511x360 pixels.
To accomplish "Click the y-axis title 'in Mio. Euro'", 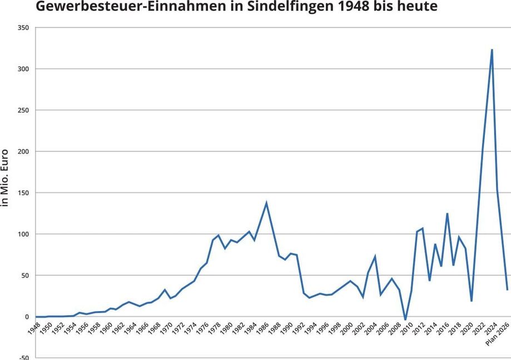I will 6,177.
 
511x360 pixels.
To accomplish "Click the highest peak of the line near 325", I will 492,49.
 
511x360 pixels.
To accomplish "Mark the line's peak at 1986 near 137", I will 266,203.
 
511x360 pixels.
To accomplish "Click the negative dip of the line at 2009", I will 405,320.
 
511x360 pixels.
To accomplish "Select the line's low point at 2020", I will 472,301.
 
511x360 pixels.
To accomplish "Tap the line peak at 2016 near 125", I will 447,213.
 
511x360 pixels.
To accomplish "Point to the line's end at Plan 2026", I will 507,289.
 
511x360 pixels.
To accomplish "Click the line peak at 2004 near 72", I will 375,257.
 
